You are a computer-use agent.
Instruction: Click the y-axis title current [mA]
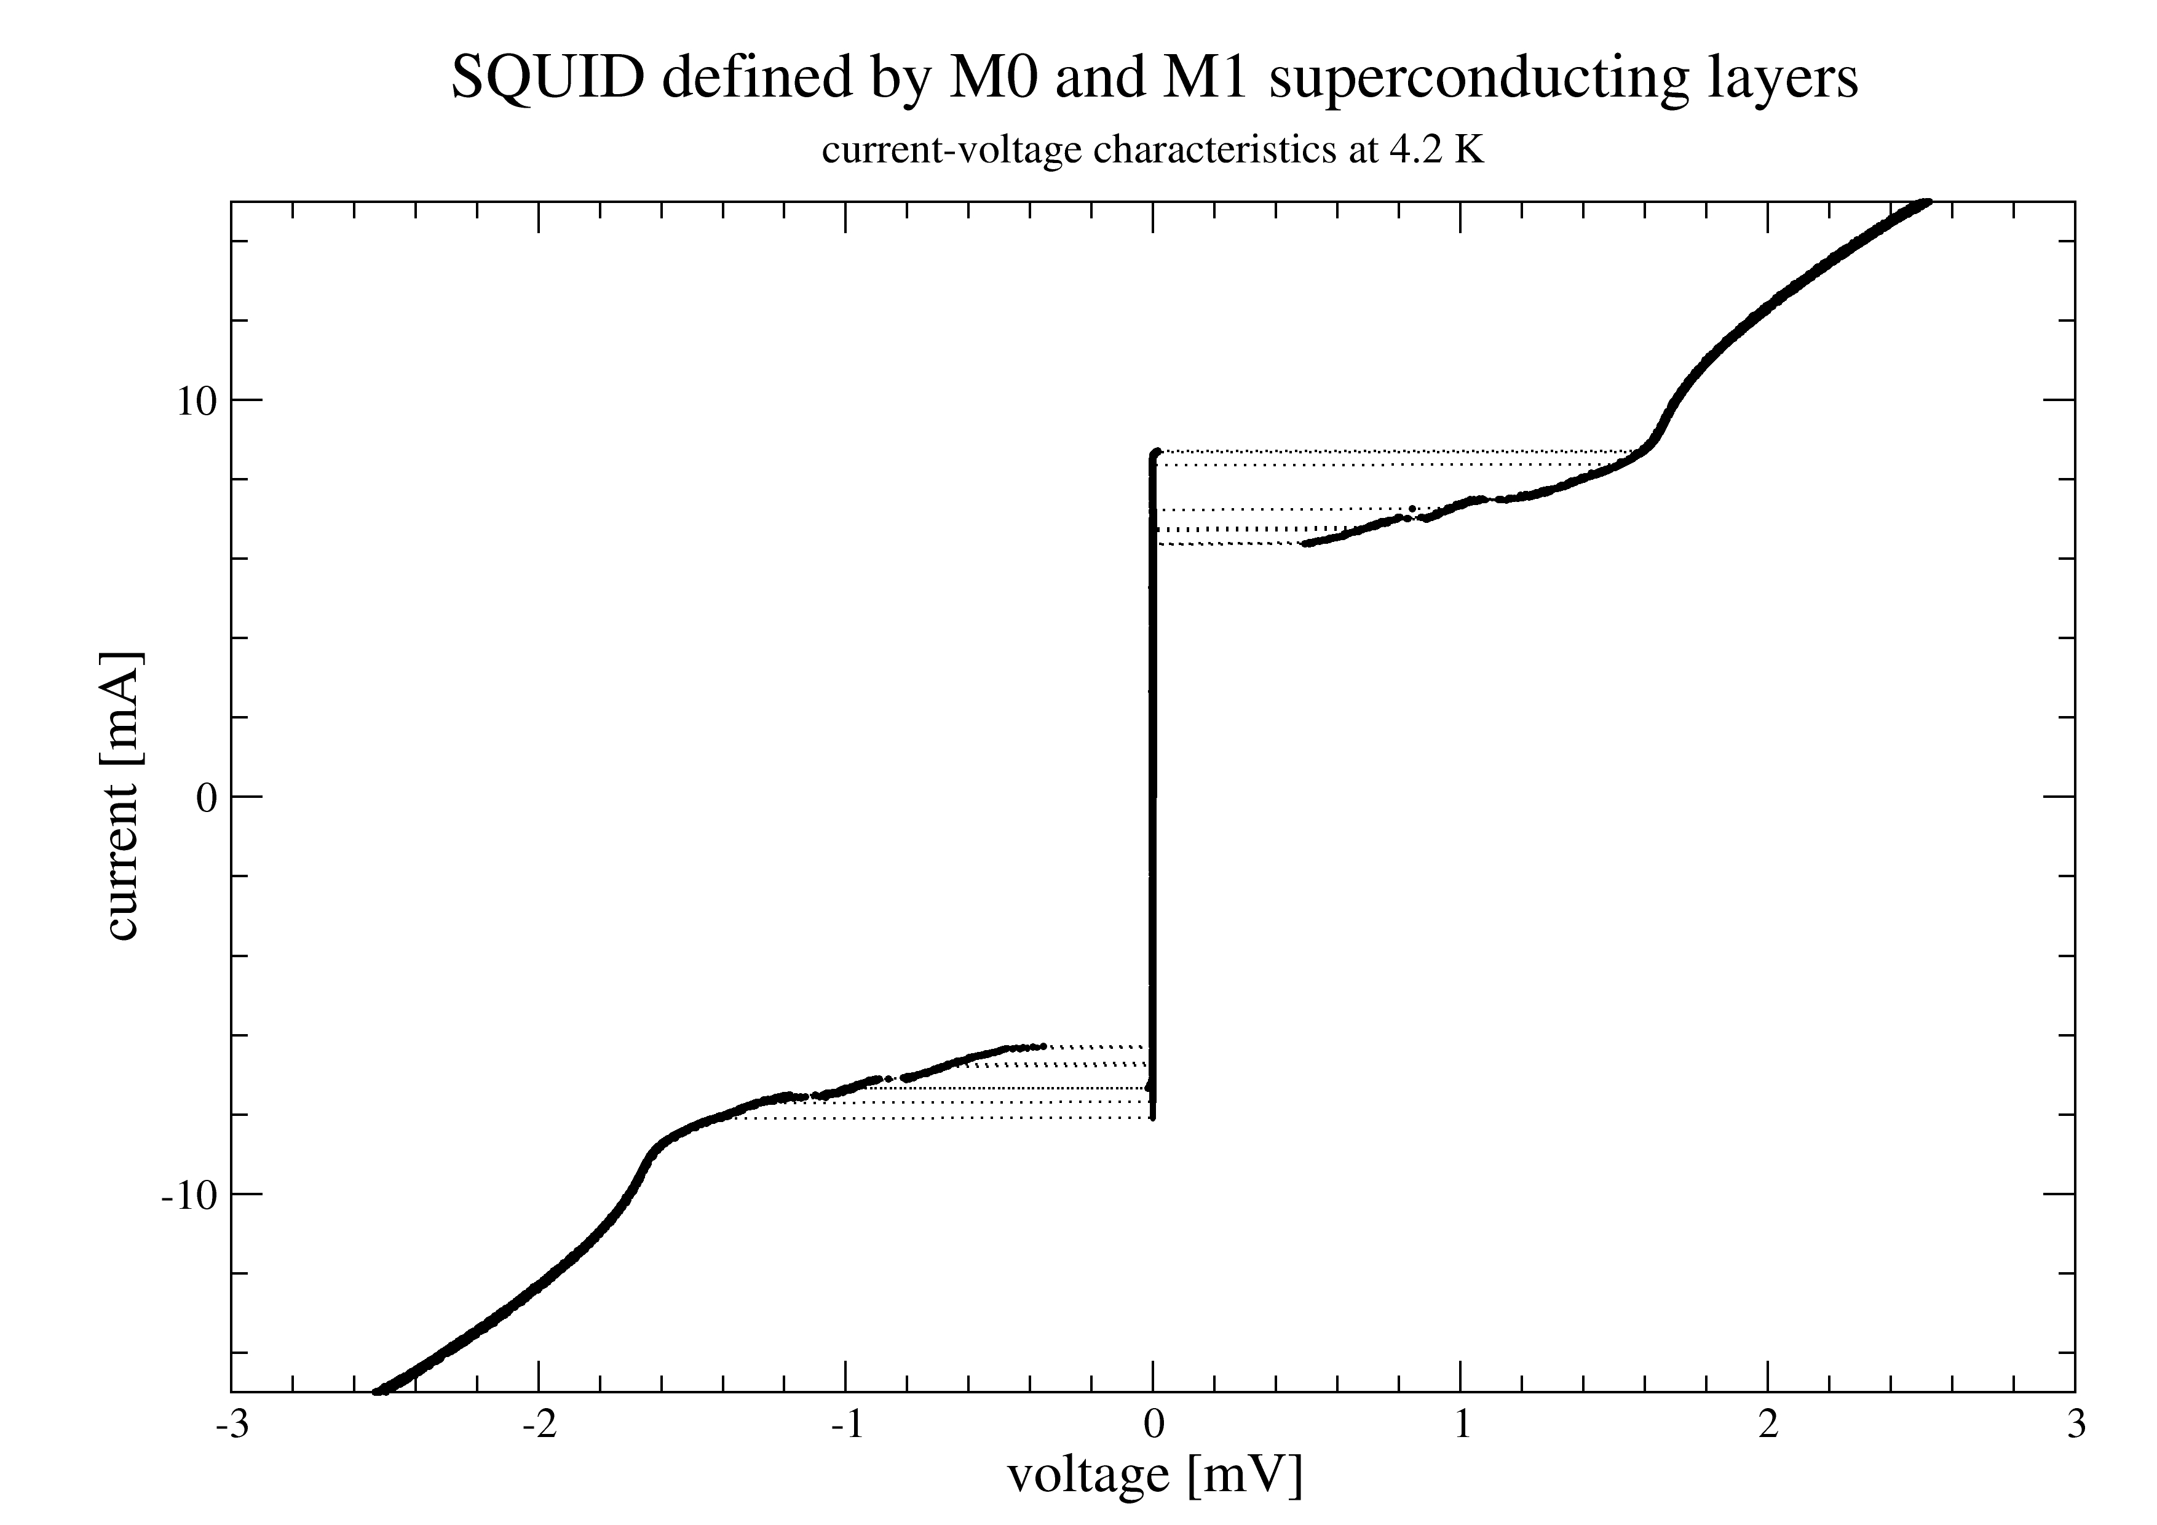[x=122, y=795]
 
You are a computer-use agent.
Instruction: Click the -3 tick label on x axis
[x=231, y=1425]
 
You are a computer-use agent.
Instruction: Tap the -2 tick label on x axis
[x=538, y=1425]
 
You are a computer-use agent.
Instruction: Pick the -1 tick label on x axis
[x=845, y=1425]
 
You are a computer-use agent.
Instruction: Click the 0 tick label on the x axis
[x=1154, y=1425]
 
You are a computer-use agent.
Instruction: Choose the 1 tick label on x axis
[x=1462, y=1425]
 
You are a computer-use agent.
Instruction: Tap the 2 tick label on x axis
[x=1768, y=1425]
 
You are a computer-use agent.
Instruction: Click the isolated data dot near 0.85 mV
[x=1412, y=508]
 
